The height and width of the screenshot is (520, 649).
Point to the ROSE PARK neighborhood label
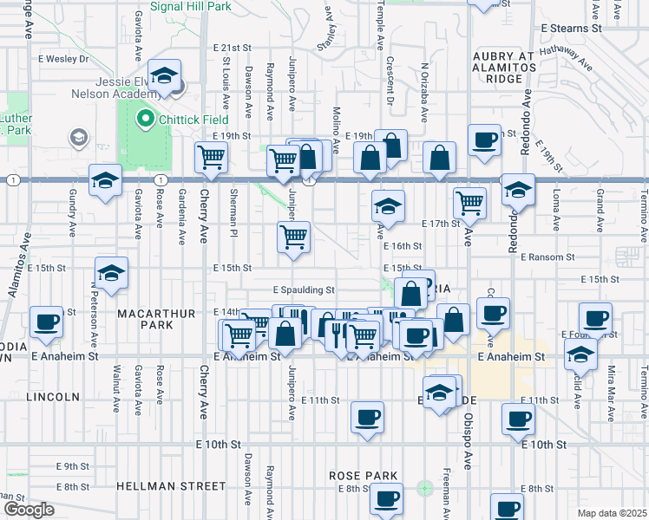[364, 476]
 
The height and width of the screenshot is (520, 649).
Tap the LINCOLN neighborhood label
[53, 396]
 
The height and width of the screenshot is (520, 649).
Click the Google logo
[29, 510]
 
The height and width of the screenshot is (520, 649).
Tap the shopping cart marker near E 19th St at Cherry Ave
[212, 158]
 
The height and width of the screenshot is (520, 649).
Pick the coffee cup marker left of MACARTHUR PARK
[46, 322]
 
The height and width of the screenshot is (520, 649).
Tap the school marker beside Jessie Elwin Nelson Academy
[163, 76]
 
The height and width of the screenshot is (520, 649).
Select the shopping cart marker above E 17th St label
[469, 203]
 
